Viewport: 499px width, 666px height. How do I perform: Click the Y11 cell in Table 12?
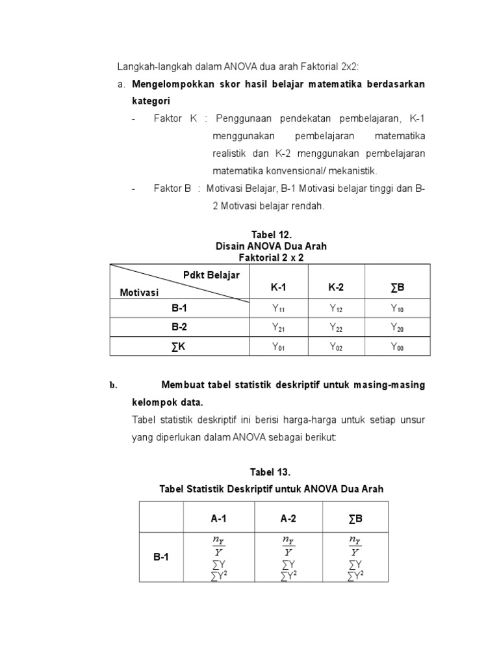278,309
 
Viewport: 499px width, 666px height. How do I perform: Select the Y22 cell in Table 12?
336,328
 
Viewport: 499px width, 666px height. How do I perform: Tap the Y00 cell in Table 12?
397,347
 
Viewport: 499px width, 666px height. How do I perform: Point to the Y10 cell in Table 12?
397,309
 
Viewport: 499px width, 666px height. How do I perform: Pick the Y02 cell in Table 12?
336,347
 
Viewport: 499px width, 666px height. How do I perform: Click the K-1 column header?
278,287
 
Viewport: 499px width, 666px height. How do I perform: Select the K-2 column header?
336,287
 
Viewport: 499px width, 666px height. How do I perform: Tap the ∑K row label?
179,347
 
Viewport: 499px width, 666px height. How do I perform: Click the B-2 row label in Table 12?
179,327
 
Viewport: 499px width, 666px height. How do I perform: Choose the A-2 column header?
288,518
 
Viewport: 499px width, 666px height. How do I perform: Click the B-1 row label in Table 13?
161,557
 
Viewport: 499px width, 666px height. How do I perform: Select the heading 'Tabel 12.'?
271,234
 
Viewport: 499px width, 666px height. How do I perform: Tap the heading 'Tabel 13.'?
271,471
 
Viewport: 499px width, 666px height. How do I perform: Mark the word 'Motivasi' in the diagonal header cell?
139,293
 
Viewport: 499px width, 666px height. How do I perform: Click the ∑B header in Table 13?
355,518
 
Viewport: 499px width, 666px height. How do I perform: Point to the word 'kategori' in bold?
151,101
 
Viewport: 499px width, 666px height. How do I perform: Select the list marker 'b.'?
112,386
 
